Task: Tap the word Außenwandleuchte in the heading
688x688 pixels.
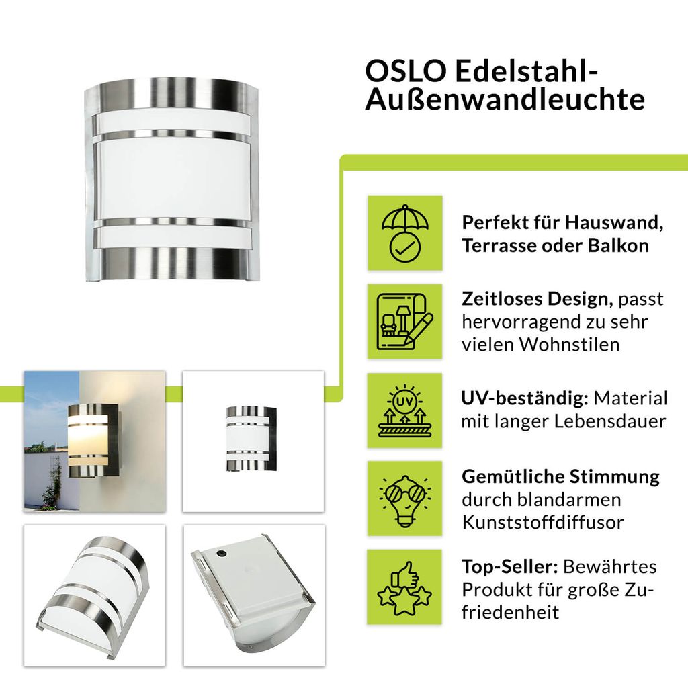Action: tap(505, 99)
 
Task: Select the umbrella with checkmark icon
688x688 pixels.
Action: tap(405, 233)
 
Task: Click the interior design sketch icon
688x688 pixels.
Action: tap(405, 321)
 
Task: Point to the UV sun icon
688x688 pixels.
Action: tap(404, 411)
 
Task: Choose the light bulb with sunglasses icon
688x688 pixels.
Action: tap(404, 499)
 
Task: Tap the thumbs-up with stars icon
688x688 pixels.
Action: tap(404, 587)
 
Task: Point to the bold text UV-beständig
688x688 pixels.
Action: tap(525, 398)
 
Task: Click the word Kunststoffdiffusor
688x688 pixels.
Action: tap(542, 522)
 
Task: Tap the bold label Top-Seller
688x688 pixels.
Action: tap(509, 567)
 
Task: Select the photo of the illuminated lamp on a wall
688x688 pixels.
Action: tap(95, 441)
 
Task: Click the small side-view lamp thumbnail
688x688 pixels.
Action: tap(253, 441)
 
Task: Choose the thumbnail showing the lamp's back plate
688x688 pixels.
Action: tap(254, 595)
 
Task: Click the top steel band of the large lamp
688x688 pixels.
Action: tap(172, 93)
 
